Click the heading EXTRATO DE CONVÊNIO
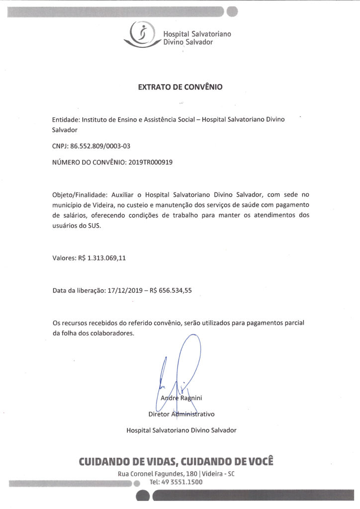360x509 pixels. coord(180,87)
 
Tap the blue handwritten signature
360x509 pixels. coord(179,368)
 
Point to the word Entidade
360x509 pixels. coord(66,120)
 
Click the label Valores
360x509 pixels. coord(64,258)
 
